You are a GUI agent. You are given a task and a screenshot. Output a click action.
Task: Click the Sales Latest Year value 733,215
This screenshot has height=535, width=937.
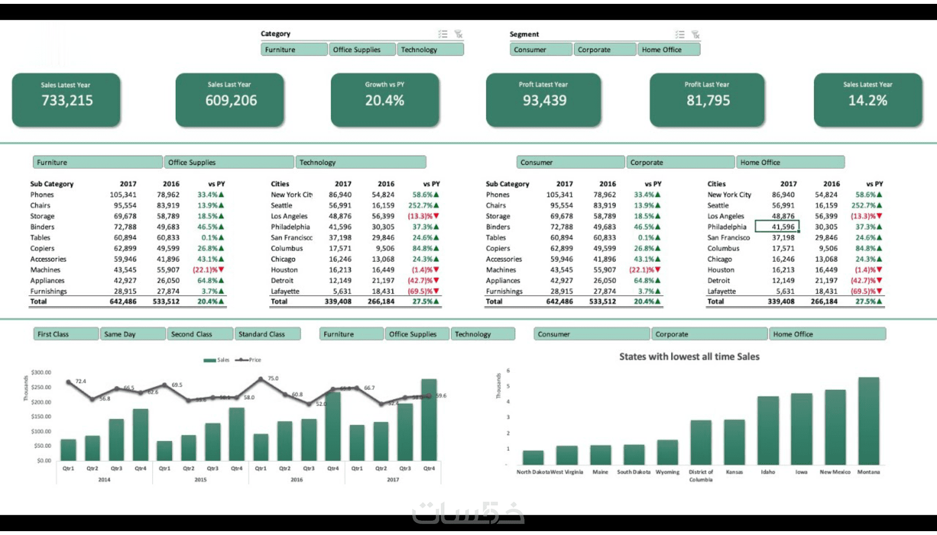click(x=67, y=100)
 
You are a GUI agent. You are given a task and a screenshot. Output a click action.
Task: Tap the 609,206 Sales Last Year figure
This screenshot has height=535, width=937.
click(x=231, y=100)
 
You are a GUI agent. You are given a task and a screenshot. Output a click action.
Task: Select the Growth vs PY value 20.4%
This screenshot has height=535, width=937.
click(x=385, y=100)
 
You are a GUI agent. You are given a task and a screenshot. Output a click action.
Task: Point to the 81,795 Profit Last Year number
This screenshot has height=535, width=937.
click(x=708, y=100)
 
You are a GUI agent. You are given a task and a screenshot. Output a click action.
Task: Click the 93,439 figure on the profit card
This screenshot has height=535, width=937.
click(x=545, y=100)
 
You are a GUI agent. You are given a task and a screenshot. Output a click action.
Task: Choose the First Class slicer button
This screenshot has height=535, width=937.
click(x=66, y=334)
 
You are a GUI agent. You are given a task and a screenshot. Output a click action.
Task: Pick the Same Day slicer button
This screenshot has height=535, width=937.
click(x=133, y=334)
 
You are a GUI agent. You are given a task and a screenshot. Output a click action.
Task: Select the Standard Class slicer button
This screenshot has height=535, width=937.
click(x=268, y=334)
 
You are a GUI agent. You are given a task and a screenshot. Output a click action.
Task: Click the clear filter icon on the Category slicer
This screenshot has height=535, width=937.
click(x=458, y=34)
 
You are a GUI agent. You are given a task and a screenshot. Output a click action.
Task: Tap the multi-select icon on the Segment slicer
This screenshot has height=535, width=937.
click(x=680, y=34)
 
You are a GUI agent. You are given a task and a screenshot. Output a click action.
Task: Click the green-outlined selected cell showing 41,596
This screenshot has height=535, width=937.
click(x=777, y=227)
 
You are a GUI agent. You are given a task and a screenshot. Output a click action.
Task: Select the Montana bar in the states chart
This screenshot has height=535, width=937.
click(x=869, y=421)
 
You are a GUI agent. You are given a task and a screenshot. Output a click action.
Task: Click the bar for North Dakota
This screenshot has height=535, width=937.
click(x=533, y=458)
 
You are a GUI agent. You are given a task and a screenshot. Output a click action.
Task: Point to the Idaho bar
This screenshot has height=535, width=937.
click(x=768, y=431)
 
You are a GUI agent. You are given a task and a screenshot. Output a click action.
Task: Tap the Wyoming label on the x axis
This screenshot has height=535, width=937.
click(x=667, y=472)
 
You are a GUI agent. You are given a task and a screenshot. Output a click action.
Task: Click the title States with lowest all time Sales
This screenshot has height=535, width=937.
click(x=689, y=357)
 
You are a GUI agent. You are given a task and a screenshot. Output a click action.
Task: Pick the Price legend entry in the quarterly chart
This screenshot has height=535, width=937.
click(x=249, y=360)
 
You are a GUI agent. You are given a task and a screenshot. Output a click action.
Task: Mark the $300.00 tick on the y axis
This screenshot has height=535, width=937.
click(x=41, y=372)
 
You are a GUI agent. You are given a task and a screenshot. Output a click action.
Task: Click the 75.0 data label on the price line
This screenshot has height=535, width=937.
click(x=273, y=378)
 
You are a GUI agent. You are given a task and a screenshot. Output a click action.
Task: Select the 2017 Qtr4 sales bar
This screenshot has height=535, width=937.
click(x=429, y=420)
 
